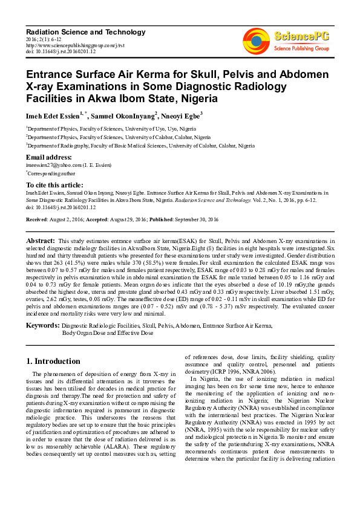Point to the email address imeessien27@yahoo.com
click(x=52, y=164)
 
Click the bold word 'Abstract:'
click(x=41, y=240)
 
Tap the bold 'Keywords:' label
click(x=42, y=325)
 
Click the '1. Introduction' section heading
click(x=53, y=361)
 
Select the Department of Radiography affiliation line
click(x=140, y=146)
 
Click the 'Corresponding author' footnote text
click(x=53, y=172)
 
